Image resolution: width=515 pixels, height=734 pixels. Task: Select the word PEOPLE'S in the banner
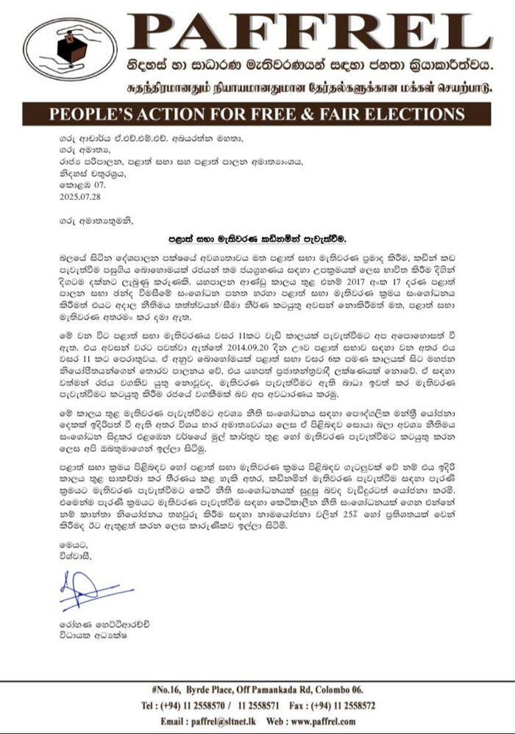pyautogui.click(x=83, y=115)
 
